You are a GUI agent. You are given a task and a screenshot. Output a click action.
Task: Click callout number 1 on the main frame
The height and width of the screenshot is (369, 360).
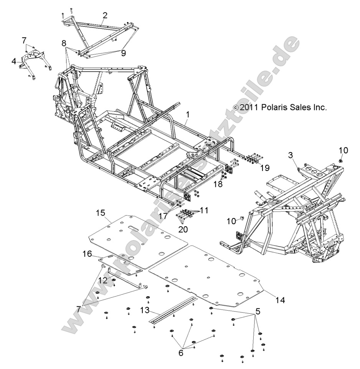[187, 114]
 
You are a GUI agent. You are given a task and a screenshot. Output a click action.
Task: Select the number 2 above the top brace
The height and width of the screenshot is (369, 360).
[104, 15]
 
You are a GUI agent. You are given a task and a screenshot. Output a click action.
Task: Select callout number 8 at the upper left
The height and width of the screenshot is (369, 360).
[64, 44]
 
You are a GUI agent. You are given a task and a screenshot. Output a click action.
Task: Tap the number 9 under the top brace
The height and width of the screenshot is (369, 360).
[123, 53]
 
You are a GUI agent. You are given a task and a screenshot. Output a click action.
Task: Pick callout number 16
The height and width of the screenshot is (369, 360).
[87, 253]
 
